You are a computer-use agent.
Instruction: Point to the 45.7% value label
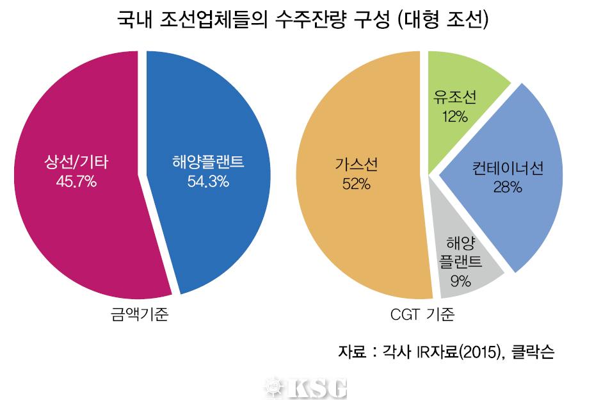76,183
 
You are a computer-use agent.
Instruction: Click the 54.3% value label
208,183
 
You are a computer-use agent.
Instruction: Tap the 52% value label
356,185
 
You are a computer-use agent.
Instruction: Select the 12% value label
454,117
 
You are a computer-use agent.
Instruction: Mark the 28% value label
508,188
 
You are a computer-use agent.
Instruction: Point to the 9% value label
460,281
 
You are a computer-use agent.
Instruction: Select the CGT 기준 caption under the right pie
422,315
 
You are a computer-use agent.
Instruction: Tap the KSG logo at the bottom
306,388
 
